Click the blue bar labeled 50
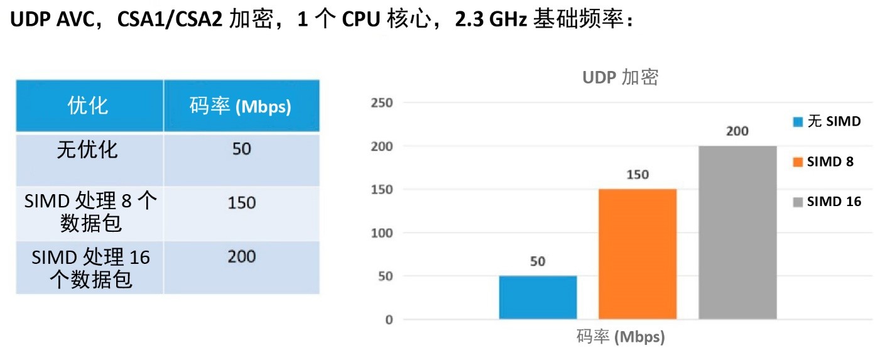click(538, 297)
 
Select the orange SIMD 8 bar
click(638, 254)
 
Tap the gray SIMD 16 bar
click(737, 232)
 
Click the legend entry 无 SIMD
click(827, 121)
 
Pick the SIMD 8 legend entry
click(823, 161)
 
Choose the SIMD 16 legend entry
click(827, 202)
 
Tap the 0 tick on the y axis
click(389, 320)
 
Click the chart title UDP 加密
click(620, 77)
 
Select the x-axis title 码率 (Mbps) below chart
click(620, 337)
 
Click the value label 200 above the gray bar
click(737, 131)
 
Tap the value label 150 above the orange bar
click(638, 175)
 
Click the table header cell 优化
click(89, 106)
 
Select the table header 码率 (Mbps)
click(241, 106)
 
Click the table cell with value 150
click(241, 203)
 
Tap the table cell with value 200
click(241, 256)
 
